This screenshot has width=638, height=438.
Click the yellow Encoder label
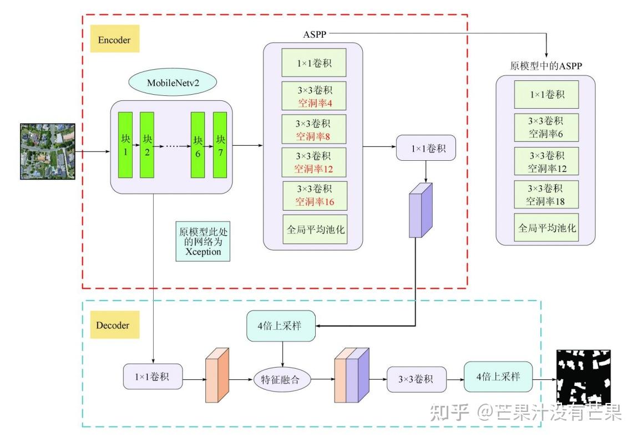(114, 40)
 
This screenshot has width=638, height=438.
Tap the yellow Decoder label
(113, 325)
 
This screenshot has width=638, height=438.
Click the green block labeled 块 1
(125, 145)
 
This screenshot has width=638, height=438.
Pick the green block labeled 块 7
(220, 145)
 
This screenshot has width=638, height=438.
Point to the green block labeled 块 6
(198, 145)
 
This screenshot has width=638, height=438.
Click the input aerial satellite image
(48, 151)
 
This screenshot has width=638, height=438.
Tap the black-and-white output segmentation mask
(584, 377)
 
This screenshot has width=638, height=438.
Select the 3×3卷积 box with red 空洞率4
(314, 96)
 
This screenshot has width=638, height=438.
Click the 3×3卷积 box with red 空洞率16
(315, 195)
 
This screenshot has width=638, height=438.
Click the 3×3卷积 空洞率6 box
(546, 128)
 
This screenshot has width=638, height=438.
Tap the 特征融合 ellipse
(282, 380)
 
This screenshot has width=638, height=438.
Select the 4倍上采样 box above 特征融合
(281, 325)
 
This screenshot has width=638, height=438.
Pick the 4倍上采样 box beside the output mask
(498, 376)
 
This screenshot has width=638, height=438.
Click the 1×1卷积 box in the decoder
(153, 378)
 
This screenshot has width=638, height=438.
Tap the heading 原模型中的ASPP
(546, 65)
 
